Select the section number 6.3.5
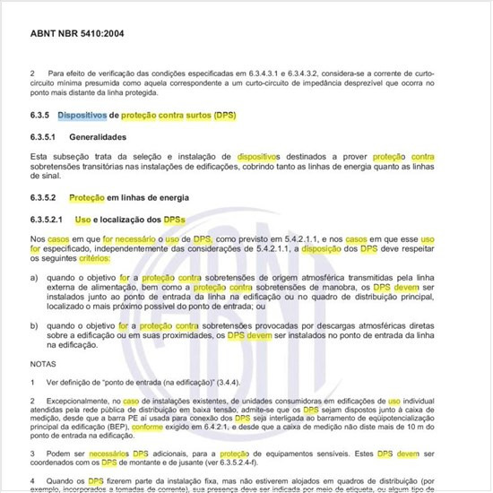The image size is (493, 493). click(x=41, y=116)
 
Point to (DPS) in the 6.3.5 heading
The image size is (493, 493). click(x=221, y=116)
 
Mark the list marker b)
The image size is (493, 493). click(x=34, y=325)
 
